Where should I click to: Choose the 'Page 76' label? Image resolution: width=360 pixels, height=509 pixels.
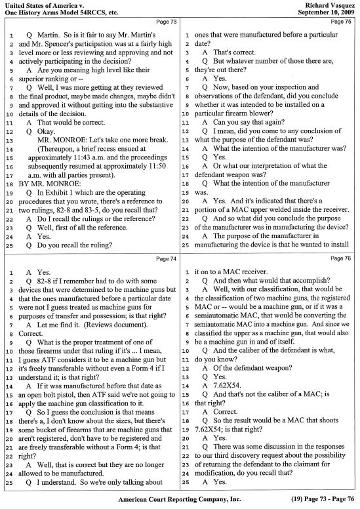click(x=341, y=259)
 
